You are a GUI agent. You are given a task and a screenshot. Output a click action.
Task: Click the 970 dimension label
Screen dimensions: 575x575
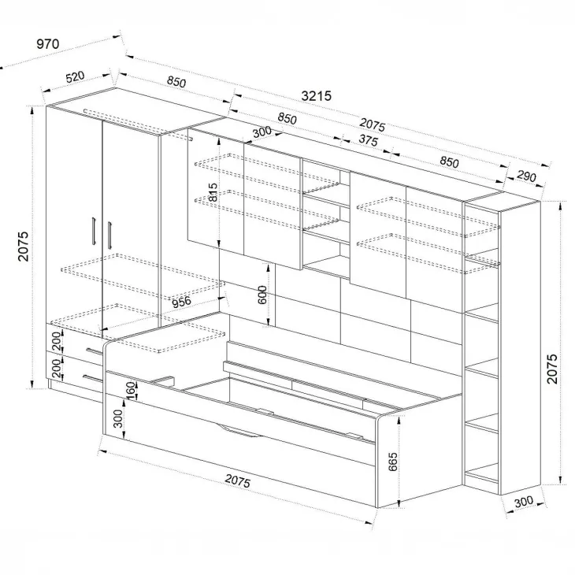pyautogui.click(x=48, y=44)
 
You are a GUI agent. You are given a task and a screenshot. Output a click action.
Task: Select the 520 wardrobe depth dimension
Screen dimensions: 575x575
pyautogui.click(x=75, y=77)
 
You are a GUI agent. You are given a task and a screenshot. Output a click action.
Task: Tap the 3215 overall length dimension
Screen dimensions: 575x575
pyautogui.click(x=316, y=96)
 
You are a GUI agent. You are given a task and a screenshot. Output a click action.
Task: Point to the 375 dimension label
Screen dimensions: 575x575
pyautogui.click(x=368, y=140)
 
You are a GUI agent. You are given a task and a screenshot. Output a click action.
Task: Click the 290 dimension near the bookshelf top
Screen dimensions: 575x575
pyautogui.click(x=526, y=176)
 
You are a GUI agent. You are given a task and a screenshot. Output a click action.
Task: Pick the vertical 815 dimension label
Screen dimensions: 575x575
pyautogui.click(x=213, y=192)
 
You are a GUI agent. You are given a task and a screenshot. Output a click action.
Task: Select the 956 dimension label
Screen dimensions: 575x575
pyautogui.click(x=181, y=302)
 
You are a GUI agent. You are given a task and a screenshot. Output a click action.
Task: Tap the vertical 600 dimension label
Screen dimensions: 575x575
pyautogui.click(x=262, y=295)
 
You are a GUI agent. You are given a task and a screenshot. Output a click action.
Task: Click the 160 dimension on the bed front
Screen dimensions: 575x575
pyautogui.click(x=131, y=391)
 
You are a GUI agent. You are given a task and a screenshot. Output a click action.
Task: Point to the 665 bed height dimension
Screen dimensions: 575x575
pyautogui.click(x=392, y=462)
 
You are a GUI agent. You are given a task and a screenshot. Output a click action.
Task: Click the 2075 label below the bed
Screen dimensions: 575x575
pyautogui.click(x=238, y=481)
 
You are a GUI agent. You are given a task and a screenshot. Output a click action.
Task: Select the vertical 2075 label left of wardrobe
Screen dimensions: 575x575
pyautogui.click(x=23, y=246)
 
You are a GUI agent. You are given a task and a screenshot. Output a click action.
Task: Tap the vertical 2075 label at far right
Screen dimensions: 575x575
pyautogui.click(x=552, y=369)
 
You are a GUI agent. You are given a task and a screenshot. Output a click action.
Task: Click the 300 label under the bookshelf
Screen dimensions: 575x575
pyautogui.click(x=524, y=502)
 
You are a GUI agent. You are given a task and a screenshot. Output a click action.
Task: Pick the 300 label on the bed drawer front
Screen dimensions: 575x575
pyautogui.click(x=117, y=419)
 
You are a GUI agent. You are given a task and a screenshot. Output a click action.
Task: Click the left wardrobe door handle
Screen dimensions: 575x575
pyautogui.click(x=94, y=230)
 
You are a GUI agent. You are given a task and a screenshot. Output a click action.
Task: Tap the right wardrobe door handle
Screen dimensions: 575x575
pyautogui.click(x=109, y=236)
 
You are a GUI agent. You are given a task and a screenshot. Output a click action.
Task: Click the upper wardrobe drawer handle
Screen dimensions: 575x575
pyautogui.click(x=95, y=351)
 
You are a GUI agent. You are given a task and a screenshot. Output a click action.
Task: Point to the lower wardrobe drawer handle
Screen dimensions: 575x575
pyautogui.click(x=92, y=378)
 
